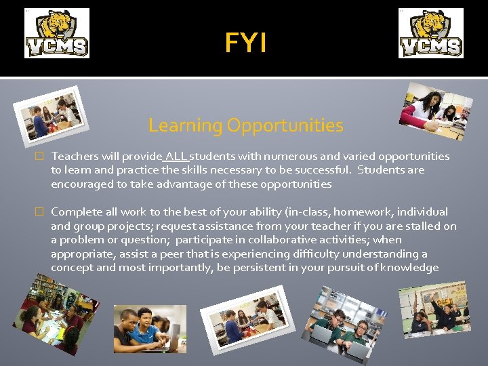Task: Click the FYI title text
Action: pyautogui.click(x=245, y=43)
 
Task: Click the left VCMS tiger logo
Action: pyautogui.click(x=57, y=33)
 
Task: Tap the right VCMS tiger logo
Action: pyautogui.click(x=430, y=33)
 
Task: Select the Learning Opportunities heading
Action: pyautogui.click(x=245, y=125)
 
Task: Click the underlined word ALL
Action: pyautogui.click(x=176, y=157)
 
